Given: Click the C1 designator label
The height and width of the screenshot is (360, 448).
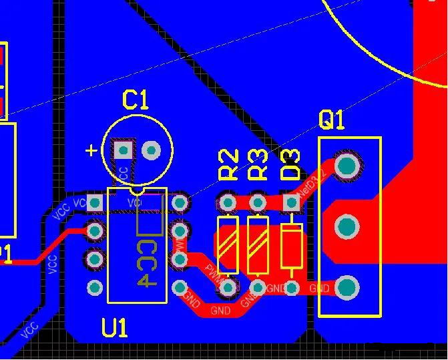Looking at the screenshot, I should point(136,100).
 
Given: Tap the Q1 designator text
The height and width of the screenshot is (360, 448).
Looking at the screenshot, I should point(332,120).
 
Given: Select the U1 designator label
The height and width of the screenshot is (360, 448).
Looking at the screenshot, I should point(115,328).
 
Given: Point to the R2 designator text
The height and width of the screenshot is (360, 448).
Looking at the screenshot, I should point(228,165).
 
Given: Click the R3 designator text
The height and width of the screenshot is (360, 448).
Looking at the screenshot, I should point(258,165).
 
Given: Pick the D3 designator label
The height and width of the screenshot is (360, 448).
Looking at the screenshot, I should point(290,165).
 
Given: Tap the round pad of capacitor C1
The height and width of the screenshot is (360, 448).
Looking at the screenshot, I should point(152,150).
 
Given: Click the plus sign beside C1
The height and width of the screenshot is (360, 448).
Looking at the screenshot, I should point(91,150).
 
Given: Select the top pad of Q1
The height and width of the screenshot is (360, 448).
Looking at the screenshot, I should point(347,165).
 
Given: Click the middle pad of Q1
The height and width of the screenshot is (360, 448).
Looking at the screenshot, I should point(347,227).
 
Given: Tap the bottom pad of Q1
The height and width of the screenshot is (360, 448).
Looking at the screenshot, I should point(347,288).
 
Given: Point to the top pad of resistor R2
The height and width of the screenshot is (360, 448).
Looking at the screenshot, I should point(228,201).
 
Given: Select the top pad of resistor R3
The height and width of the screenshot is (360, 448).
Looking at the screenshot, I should point(258,201).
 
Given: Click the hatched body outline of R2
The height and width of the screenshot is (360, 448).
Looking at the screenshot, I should point(228,244).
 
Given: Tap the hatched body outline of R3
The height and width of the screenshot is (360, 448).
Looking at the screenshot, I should point(258,244).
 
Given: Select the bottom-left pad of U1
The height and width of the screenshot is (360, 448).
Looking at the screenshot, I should point(95,288).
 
